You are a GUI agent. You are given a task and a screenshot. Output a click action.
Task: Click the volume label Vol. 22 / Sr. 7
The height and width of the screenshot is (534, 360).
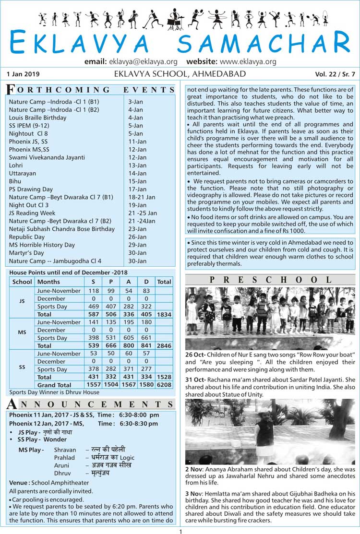(335, 74)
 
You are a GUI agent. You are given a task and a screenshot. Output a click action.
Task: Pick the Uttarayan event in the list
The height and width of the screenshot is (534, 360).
(23, 173)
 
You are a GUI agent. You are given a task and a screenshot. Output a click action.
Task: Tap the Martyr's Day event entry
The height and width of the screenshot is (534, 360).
(26, 253)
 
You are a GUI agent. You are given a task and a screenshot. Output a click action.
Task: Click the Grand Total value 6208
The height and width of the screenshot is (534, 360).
(164, 385)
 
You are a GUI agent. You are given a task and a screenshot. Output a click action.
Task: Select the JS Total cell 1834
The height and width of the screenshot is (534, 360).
(164, 314)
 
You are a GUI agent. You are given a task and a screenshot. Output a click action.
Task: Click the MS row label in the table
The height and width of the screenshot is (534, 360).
(22, 332)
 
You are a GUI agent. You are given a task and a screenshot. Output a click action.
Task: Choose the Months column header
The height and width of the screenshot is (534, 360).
(48, 282)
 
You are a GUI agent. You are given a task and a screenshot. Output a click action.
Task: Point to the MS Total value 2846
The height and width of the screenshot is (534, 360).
(164, 345)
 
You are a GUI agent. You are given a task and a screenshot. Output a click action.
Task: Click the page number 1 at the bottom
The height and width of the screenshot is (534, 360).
(180, 531)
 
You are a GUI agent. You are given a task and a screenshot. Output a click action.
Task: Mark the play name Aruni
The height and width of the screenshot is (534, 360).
(61, 465)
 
